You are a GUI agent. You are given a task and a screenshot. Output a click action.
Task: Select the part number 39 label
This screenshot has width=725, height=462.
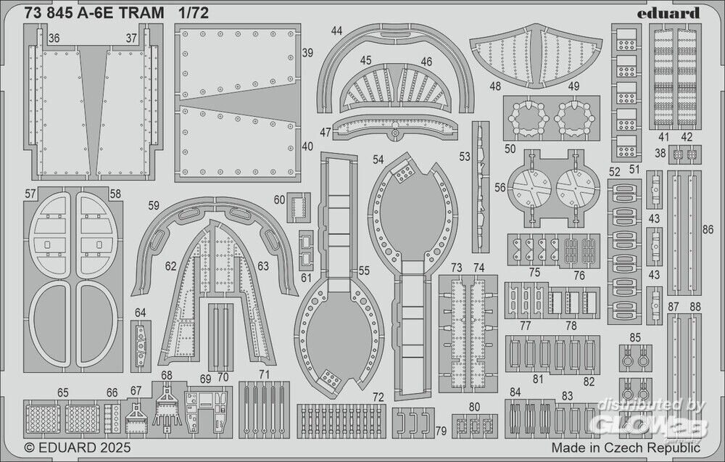click(307, 53)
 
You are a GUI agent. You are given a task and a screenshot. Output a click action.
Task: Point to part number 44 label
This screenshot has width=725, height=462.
click(336, 31)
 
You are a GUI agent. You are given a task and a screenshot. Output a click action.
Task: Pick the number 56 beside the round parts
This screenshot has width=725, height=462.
click(500, 187)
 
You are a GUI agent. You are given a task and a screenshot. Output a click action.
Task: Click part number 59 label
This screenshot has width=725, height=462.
click(153, 205)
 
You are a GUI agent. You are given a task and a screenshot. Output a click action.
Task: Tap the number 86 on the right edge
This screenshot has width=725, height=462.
click(708, 230)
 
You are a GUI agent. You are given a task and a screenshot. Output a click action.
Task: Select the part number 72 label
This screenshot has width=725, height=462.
click(378, 397)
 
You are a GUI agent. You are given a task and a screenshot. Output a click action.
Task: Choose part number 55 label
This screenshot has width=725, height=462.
click(364, 271)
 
